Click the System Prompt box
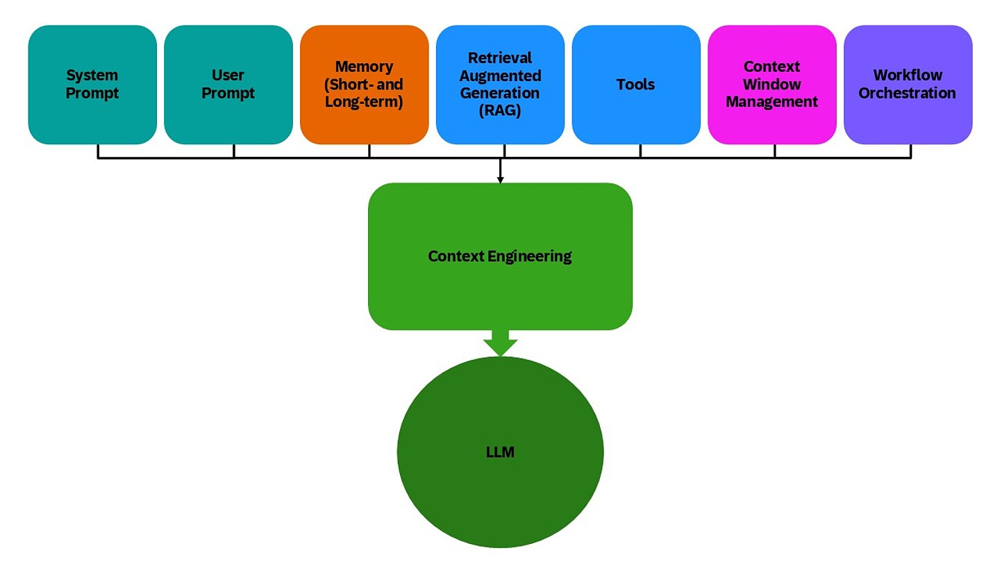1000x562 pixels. point(92,85)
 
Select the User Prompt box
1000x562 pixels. point(228,85)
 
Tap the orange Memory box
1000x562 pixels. point(364,85)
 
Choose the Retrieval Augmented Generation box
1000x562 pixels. point(500,85)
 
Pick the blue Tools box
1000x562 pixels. point(636,85)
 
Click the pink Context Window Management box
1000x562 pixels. point(772,85)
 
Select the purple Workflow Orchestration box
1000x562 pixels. point(908,85)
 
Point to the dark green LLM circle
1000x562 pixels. point(500,452)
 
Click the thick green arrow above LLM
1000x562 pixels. point(500,343)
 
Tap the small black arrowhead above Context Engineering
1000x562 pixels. point(500,180)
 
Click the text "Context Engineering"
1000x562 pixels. point(500,256)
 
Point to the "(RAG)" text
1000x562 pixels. point(500,111)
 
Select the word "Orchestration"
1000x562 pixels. point(908,93)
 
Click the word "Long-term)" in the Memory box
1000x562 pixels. point(364,102)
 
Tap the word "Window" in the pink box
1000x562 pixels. point(772,85)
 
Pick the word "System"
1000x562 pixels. point(92,75)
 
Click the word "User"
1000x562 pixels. point(228,75)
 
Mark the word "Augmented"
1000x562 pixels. point(500,75)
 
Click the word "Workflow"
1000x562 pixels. point(908,75)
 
